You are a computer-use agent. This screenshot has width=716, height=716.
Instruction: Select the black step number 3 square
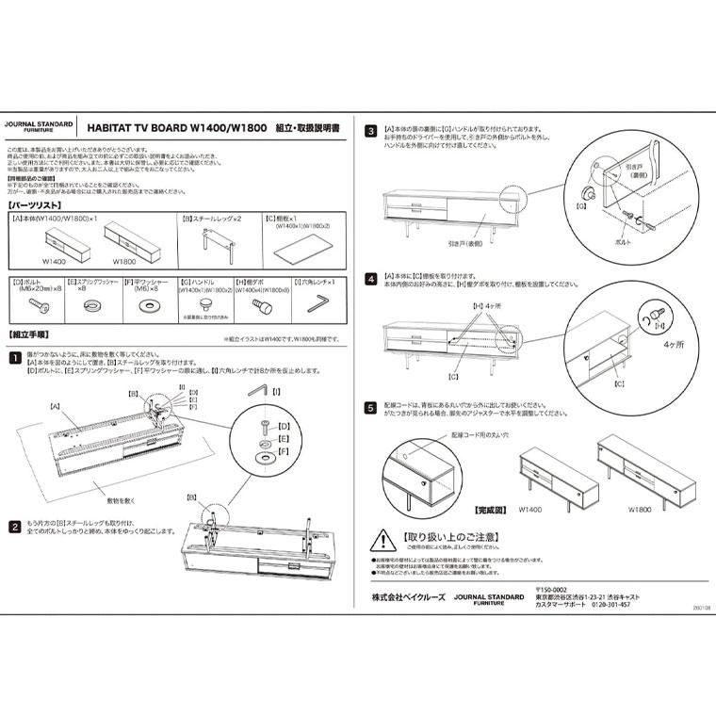coord(371,131)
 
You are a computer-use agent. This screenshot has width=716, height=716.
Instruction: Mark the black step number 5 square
coord(371,408)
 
